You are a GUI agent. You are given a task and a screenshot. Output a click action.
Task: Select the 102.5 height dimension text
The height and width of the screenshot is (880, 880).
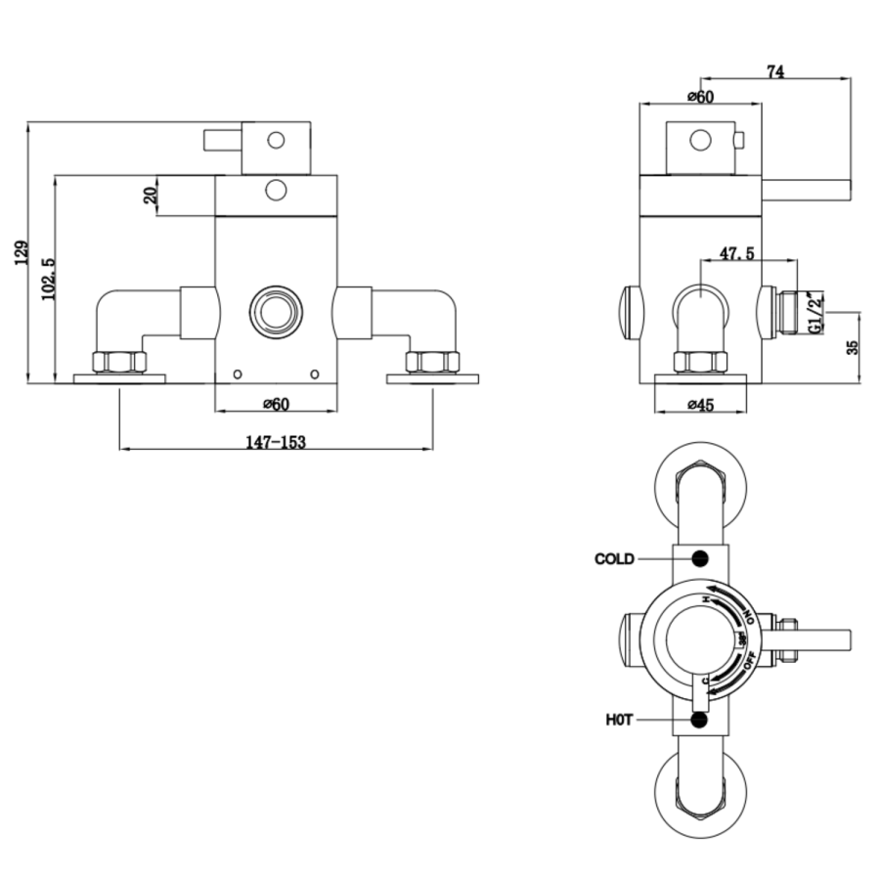tap(47, 280)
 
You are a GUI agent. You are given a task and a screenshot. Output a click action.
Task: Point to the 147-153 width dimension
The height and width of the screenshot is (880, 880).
tap(276, 442)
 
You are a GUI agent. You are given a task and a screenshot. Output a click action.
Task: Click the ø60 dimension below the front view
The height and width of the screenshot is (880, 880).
tap(276, 404)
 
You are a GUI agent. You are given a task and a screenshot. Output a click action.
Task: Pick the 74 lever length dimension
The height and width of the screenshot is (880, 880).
tap(775, 70)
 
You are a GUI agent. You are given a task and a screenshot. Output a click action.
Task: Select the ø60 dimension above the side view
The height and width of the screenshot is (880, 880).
tap(700, 96)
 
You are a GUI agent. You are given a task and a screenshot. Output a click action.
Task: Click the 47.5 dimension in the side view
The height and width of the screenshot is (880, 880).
tap(736, 253)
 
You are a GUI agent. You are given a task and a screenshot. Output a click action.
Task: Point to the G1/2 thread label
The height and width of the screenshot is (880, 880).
tap(814, 315)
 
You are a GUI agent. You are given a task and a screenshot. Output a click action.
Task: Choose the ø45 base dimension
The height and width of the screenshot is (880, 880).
tap(700, 404)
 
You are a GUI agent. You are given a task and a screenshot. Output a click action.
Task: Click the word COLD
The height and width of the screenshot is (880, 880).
tap(614, 559)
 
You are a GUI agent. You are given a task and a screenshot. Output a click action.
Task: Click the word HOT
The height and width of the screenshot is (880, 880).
tap(619, 720)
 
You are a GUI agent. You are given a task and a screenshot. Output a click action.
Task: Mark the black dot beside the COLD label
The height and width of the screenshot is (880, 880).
tap(699, 558)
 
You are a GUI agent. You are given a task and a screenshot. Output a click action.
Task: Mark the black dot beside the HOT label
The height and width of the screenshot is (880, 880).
tap(699, 720)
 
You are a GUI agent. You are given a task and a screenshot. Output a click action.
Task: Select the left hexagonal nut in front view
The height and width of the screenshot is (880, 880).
tap(119, 362)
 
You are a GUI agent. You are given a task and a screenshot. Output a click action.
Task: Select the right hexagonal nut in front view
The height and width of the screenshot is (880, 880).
tap(432, 362)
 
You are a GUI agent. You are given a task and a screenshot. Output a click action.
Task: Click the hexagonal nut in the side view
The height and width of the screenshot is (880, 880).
tap(700, 362)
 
